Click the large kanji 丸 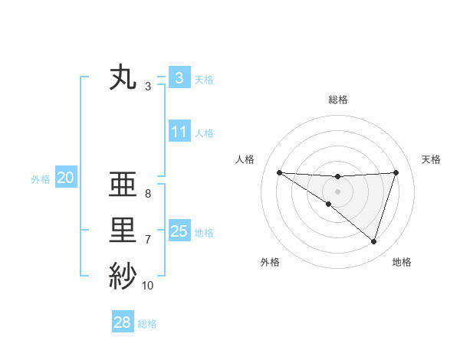pyautogui.click(x=123, y=78)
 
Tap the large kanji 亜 pyautogui.click(x=123, y=186)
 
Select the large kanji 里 pyautogui.click(x=123, y=231)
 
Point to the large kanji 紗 pyautogui.click(x=123, y=276)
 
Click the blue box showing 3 pyautogui.click(x=179, y=77)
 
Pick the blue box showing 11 pyautogui.click(x=179, y=132)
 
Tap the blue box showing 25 pyautogui.click(x=179, y=231)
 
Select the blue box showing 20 pyautogui.click(x=65, y=178)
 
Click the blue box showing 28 pyautogui.click(x=122, y=322)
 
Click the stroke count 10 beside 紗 pyautogui.click(x=148, y=286)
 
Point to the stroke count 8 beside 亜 pyautogui.click(x=147, y=195)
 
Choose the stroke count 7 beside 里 pyautogui.click(x=147, y=240)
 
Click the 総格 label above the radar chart pyautogui.click(x=338, y=100)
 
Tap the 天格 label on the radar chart pyautogui.click(x=432, y=159)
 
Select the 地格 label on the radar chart pyautogui.click(x=402, y=262)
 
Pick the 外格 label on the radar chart pyautogui.click(x=270, y=262)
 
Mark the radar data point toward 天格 pyautogui.click(x=396, y=172)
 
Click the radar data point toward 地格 pyautogui.click(x=373, y=241)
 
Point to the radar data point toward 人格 pyautogui.click(x=279, y=172)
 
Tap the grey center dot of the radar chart pyautogui.click(x=337, y=191)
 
